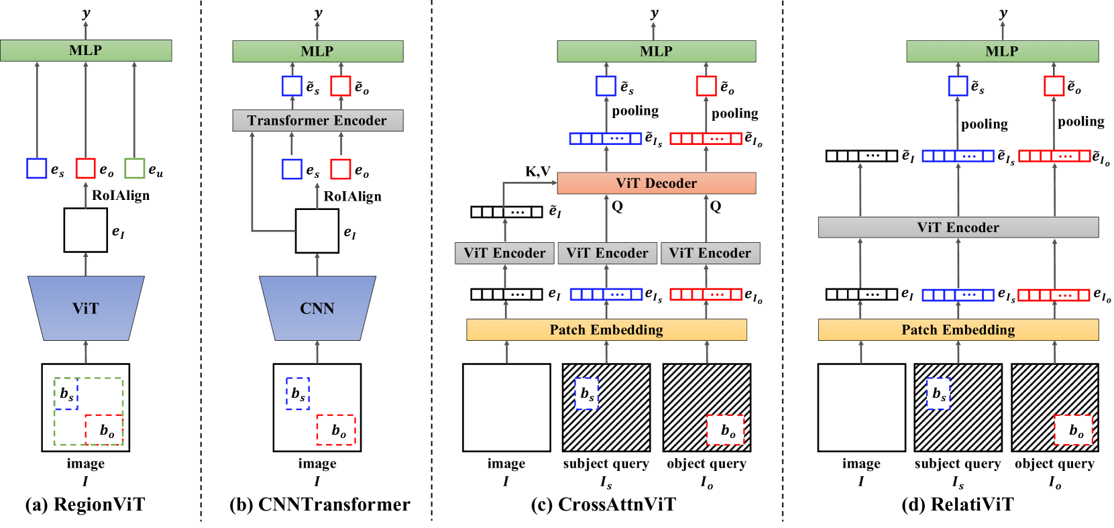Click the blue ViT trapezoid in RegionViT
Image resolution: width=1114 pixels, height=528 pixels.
coord(86,308)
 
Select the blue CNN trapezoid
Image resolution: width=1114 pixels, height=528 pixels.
coord(317,308)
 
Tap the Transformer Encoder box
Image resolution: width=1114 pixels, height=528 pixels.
coord(318,121)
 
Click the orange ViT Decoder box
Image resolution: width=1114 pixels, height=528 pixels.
coord(657,183)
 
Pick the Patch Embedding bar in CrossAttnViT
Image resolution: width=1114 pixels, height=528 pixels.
coord(606,329)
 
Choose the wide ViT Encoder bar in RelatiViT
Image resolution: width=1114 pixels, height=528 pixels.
coord(958,227)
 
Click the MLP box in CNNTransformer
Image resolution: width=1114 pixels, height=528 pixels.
coord(318,51)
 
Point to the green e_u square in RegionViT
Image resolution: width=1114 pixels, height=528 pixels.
coord(134,168)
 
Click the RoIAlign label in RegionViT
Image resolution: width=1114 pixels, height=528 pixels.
coord(121,195)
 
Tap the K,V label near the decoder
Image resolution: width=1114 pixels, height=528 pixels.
coord(538,172)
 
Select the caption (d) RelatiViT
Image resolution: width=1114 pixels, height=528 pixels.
coord(957,505)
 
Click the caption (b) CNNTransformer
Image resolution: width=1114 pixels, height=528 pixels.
coord(320,505)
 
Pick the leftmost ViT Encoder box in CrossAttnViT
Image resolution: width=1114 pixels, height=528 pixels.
coord(504,254)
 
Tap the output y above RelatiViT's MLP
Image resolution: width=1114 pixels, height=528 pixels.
coord(1003,13)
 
